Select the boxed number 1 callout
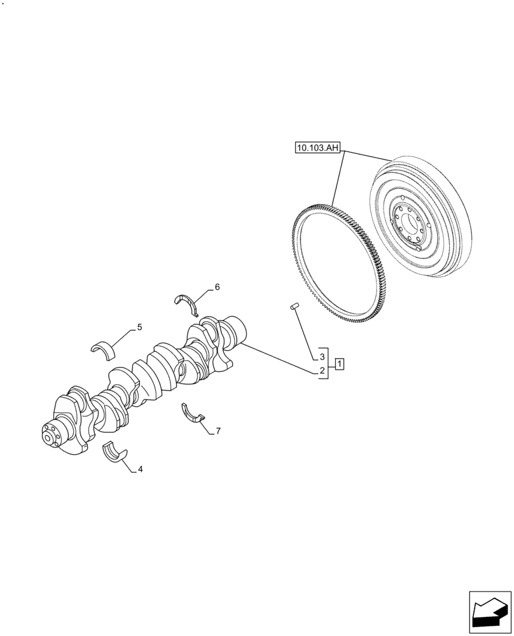340,364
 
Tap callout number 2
323,371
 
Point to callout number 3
323,356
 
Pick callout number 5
139,328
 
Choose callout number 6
217,287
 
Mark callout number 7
218,431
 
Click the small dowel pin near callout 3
295,308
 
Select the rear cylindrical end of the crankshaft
239,327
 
